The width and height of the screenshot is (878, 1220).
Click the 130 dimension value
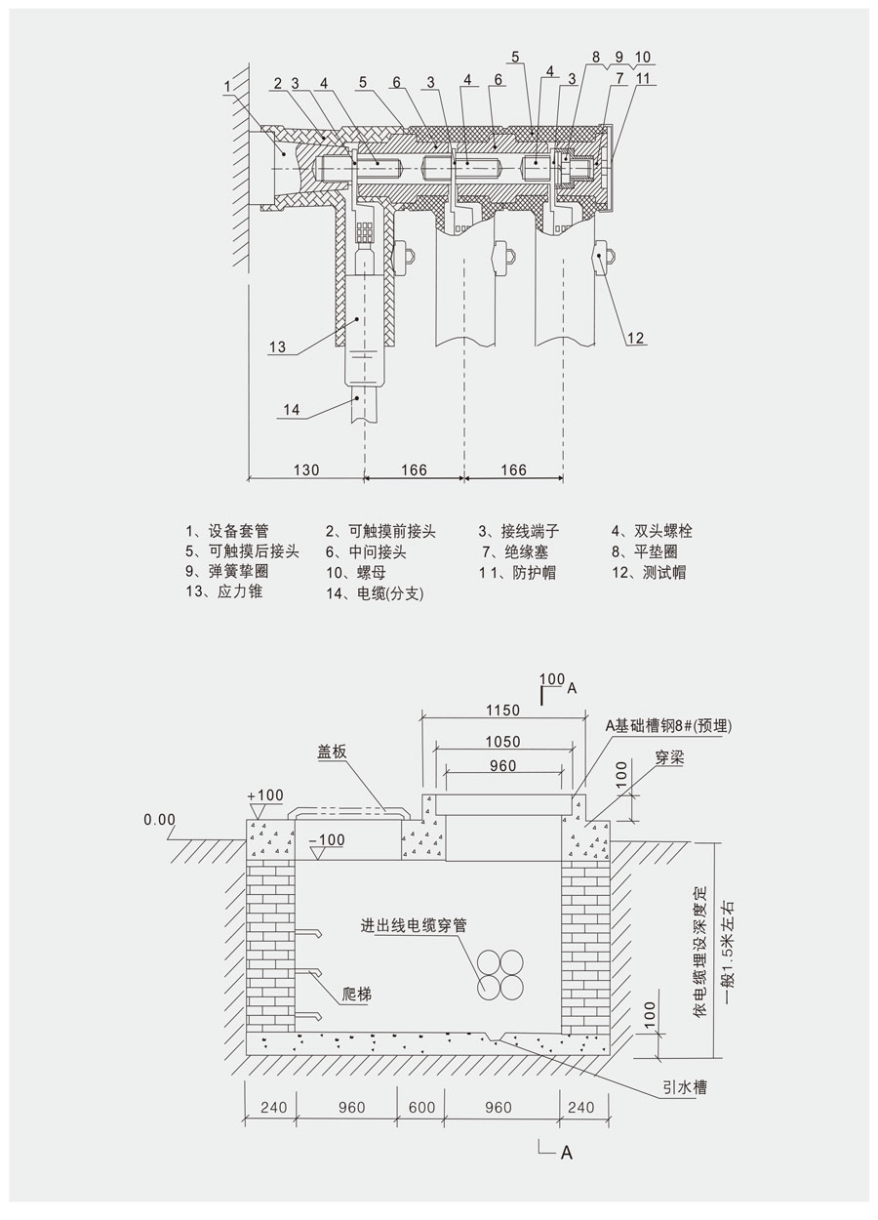coord(306,469)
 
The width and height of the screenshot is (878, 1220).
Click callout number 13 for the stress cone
coord(278,346)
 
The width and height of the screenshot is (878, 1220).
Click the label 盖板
coord(333,752)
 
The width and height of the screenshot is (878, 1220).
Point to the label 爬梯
coord(359,996)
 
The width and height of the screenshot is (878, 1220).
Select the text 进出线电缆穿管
coord(413,925)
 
